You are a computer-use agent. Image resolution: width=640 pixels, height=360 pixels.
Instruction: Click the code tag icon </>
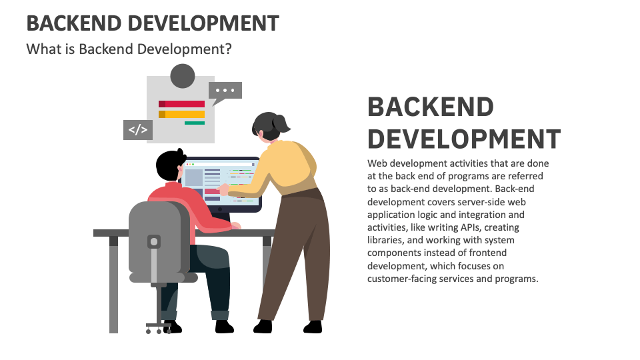tap(138, 130)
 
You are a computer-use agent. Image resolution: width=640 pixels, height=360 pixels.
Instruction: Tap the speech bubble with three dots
tap(225, 91)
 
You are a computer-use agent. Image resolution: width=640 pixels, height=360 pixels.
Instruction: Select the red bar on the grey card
tap(181, 104)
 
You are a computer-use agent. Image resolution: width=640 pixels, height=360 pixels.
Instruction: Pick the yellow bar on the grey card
tap(181, 114)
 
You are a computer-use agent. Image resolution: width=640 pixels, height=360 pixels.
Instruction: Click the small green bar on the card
tap(195, 123)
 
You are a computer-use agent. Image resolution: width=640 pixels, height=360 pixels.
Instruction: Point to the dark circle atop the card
tap(183, 76)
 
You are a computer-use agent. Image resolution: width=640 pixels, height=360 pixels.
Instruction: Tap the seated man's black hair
tap(169, 165)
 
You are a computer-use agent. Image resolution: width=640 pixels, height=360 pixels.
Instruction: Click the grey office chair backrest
tap(159, 237)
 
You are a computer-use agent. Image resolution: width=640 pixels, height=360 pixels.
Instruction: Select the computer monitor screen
tap(221, 183)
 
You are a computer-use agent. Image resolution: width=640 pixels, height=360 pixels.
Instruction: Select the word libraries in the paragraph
tap(385, 240)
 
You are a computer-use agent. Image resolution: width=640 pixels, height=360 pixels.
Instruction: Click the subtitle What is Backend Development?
tap(129, 49)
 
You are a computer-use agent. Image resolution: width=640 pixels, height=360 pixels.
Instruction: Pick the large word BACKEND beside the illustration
tap(431, 107)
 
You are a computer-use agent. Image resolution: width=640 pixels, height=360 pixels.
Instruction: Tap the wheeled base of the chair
tap(159, 327)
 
